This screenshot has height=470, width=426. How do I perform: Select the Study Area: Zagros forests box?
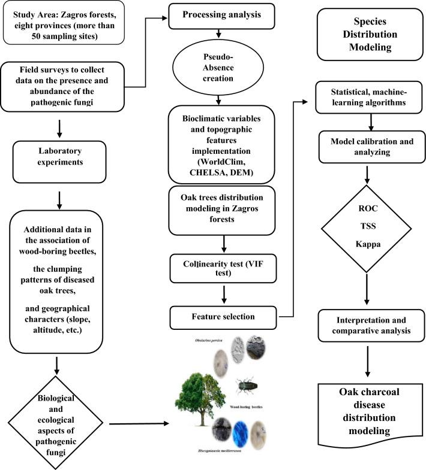pos(64,23)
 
